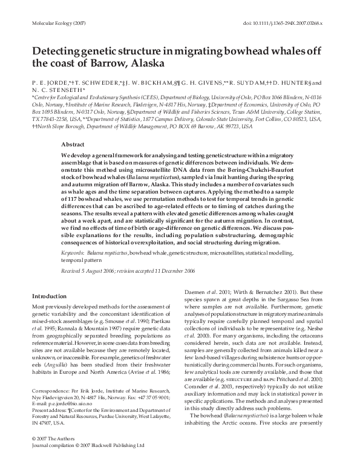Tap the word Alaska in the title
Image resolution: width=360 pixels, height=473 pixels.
[147, 62]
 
